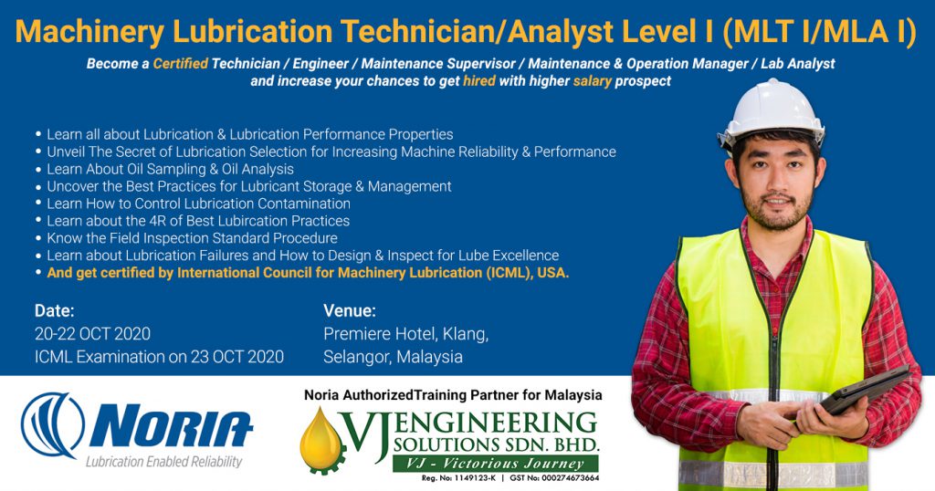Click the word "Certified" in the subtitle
180,65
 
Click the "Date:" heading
55,310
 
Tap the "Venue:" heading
350,310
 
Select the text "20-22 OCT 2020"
92,334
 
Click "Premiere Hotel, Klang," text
405,334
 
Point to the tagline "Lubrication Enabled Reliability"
163,462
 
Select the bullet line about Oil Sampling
170,169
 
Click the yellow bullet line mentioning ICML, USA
308,273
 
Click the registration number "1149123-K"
470,477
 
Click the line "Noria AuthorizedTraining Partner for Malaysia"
453,395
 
